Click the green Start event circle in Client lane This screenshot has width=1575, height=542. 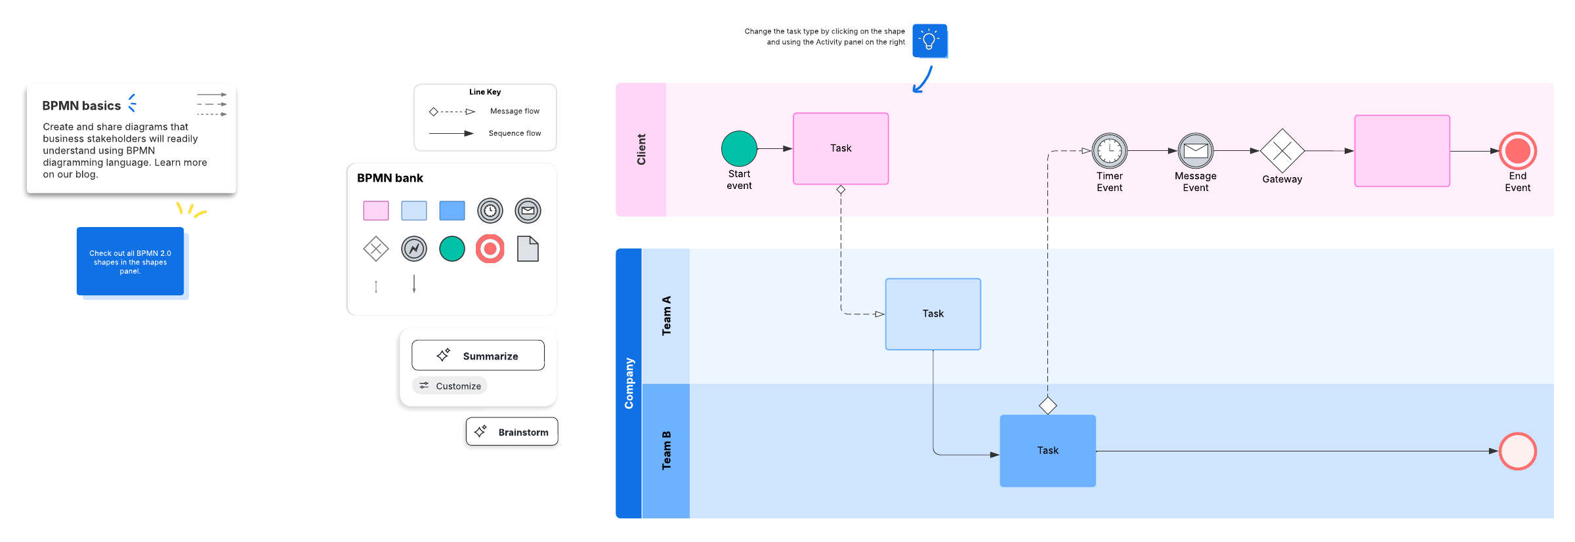(739, 148)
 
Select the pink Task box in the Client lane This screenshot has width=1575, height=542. (841, 148)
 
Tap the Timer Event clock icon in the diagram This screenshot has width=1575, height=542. (1110, 151)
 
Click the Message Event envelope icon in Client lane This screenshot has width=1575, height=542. (1196, 151)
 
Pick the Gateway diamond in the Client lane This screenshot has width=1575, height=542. (1282, 151)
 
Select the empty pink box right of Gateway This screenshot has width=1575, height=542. (1402, 151)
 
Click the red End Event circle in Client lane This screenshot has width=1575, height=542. (1518, 151)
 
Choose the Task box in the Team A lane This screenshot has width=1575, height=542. (933, 314)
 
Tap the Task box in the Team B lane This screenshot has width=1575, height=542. (1048, 451)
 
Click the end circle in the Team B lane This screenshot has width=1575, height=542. (1518, 451)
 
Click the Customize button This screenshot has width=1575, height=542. (450, 386)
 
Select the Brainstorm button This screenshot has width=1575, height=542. (512, 432)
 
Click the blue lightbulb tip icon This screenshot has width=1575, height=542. (930, 41)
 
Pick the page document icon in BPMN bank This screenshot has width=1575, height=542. (528, 249)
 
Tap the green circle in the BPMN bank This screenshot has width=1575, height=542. (452, 249)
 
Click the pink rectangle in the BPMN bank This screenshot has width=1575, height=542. (376, 211)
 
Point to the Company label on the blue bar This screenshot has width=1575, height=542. (629, 383)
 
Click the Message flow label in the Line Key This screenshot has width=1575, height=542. (514, 112)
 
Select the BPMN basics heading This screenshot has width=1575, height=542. (81, 106)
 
